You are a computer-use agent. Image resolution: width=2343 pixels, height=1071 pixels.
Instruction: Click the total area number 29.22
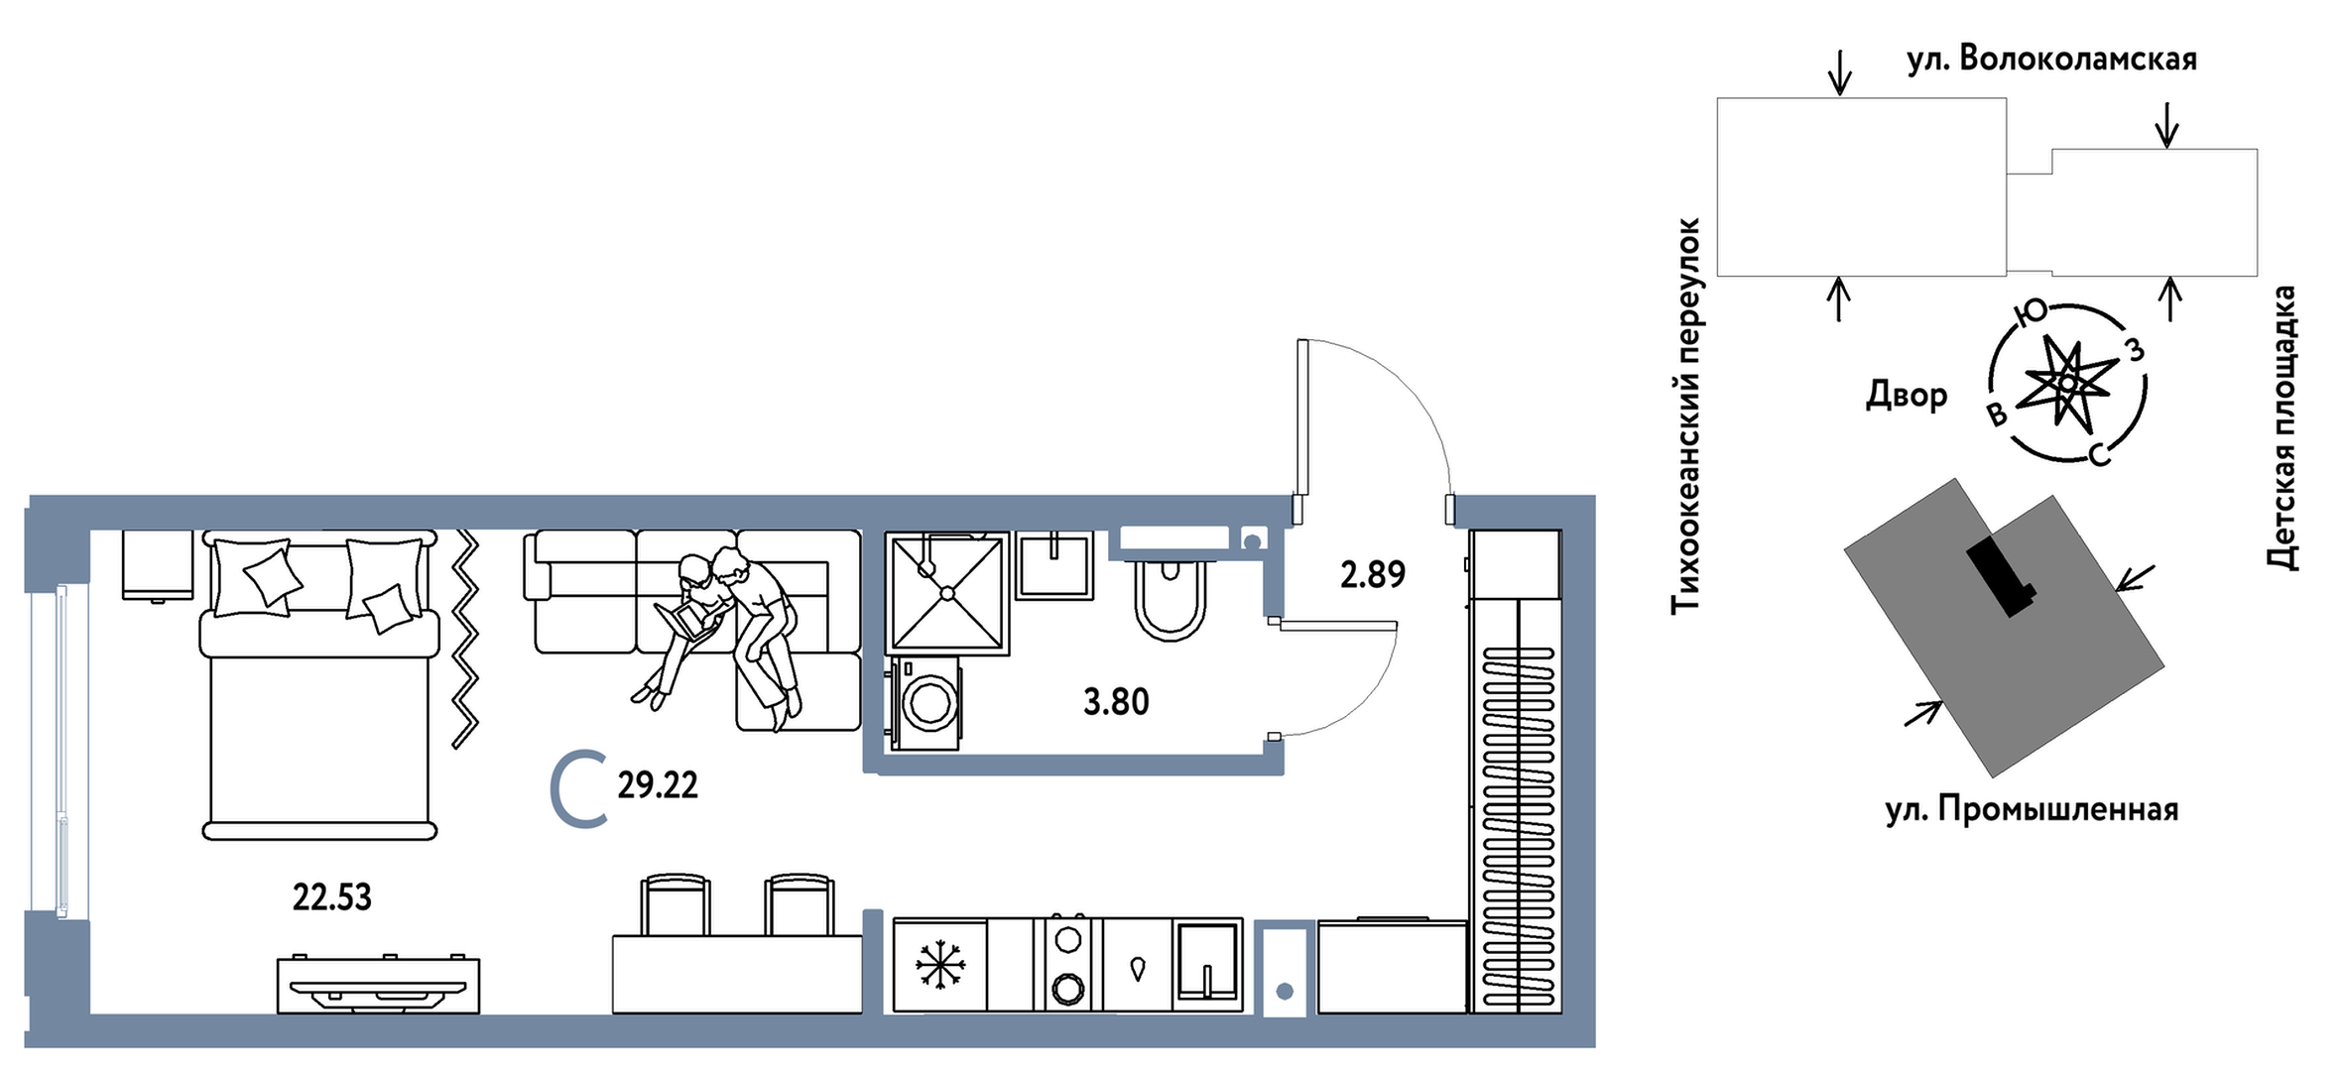point(658,785)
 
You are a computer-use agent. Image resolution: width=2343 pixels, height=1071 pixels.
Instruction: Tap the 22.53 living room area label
point(332,897)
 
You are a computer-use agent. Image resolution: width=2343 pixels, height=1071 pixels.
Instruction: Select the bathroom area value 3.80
point(1116,702)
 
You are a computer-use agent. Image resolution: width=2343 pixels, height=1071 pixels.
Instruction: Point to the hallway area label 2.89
point(1373,574)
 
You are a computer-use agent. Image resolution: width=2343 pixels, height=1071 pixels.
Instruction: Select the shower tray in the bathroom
point(947,593)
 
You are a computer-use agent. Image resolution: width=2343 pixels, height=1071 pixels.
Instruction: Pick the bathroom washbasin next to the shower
point(1055,565)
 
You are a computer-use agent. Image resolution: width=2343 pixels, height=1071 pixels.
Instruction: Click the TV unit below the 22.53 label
point(378,985)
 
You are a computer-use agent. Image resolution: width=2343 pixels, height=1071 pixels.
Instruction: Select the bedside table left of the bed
point(158,565)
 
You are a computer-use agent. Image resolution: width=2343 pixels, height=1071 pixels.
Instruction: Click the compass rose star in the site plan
point(2067,382)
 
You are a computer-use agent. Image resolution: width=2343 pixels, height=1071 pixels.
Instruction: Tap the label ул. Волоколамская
point(2051,59)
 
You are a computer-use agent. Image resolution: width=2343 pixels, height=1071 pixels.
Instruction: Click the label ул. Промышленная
point(2032,810)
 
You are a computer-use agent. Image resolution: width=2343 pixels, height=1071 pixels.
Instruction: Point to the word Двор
point(1907,395)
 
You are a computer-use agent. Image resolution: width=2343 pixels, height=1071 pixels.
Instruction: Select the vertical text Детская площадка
point(2282,428)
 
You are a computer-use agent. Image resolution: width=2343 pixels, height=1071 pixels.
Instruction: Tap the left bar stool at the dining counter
point(676,903)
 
